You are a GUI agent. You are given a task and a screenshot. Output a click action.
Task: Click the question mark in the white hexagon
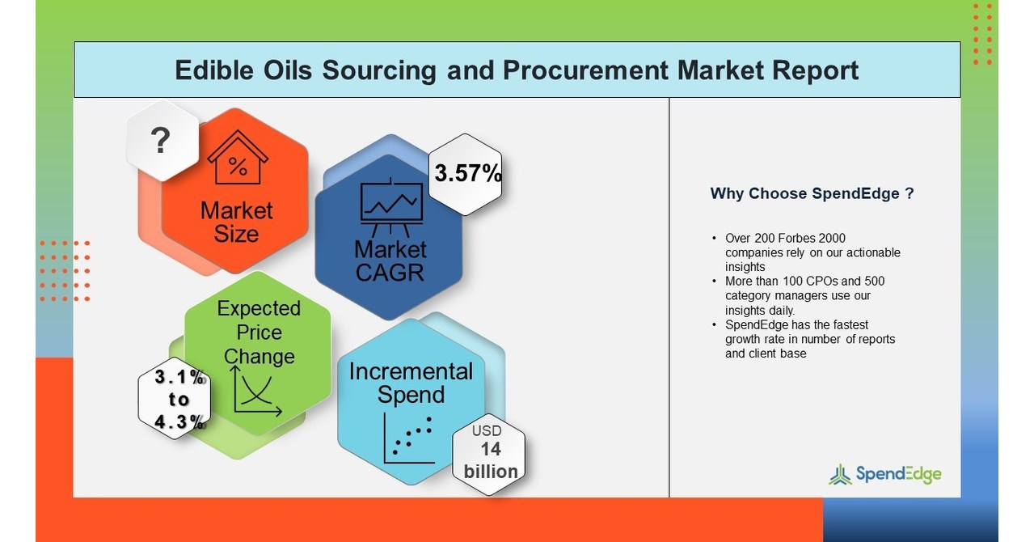coord(161,141)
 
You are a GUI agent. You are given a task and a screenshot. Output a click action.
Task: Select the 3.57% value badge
coord(467,174)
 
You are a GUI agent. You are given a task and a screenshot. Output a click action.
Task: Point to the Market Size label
coord(236,222)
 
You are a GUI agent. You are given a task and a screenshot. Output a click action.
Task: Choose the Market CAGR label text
coord(390,260)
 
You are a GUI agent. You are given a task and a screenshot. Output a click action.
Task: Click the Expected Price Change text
coord(259,332)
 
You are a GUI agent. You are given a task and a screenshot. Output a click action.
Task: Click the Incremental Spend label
coord(411,383)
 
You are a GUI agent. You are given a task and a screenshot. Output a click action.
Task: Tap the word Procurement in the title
coord(585,70)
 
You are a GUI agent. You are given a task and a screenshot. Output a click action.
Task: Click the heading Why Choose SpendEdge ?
coord(812,194)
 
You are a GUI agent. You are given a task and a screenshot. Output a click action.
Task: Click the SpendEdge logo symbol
coord(840,474)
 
